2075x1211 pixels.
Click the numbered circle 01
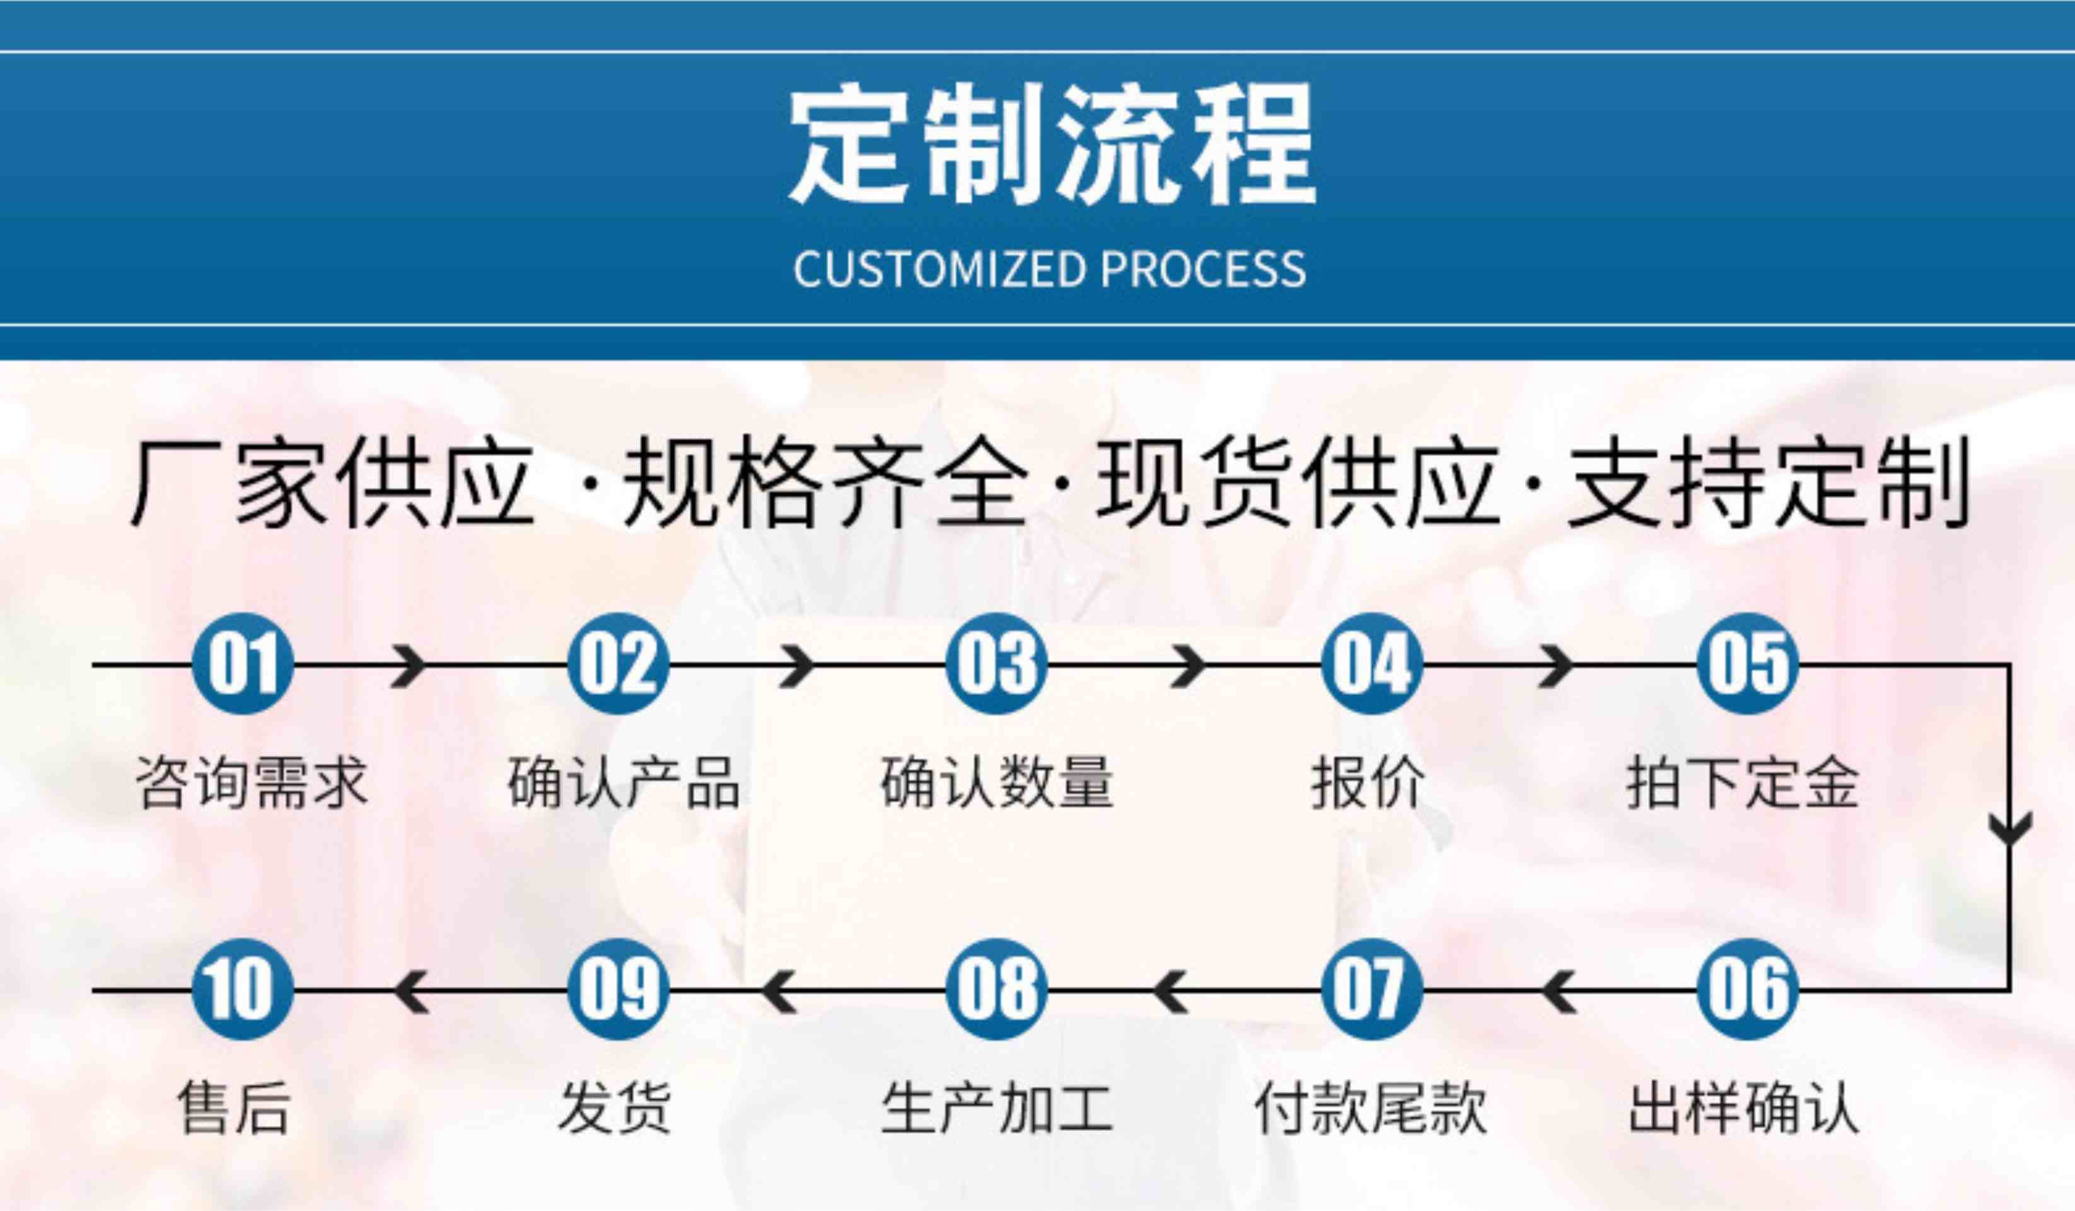[x=242, y=664]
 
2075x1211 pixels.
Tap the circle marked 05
[x=1748, y=664]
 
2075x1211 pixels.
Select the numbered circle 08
[x=996, y=988]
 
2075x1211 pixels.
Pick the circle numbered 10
[x=242, y=988]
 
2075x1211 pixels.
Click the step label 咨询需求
[x=250, y=783]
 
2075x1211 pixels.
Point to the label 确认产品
[x=624, y=783]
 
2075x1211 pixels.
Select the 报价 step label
[x=1368, y=783]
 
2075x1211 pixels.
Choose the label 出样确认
[x=1744, y=1108]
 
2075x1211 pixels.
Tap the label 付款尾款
[x=1369, y=1108]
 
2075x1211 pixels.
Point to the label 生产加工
[x=996, y=1108]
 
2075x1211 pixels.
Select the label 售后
[x=235, y=1108]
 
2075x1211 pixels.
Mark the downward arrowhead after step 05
[x=2010, y=827]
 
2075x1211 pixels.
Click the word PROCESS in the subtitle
[x=1203, y=269]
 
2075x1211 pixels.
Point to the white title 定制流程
[x=1052, y=146]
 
